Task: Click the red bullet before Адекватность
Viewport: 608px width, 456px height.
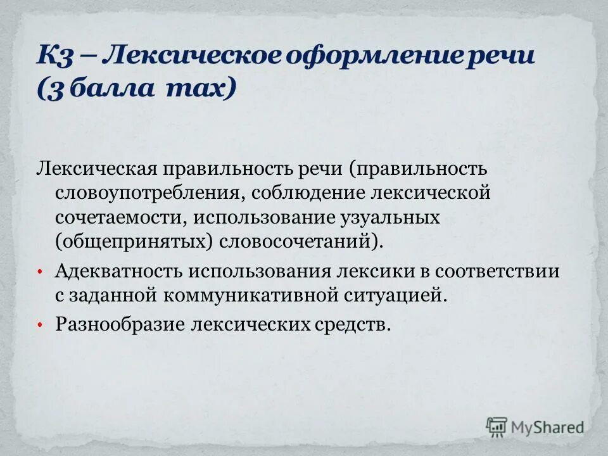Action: point(40,272)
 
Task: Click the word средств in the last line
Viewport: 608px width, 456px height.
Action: point(351,324)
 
